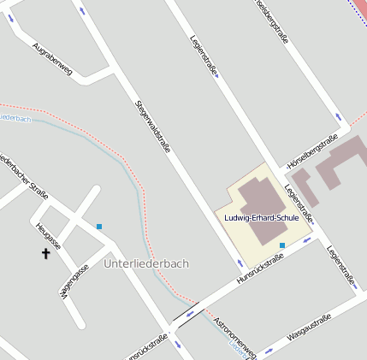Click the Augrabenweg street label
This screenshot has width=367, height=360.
(x=52, y=60)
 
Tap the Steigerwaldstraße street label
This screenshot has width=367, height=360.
(x=153, y=126)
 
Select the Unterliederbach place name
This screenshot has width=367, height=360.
(x=145, y=263)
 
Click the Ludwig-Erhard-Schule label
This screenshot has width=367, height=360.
(x=261, y=218)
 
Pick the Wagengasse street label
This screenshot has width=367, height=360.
(x=73, y=281)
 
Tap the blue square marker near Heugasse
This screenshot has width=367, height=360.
(x=99, y=226)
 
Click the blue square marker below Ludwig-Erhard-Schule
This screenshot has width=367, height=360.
(x=282, y=245)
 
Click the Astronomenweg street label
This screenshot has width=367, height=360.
(x=235, y=333)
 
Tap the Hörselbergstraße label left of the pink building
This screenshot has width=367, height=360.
(x=313, y=150)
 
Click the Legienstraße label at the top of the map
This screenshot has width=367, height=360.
(x=203, y=56)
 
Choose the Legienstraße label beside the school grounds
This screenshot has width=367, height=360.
(x=299, y=204)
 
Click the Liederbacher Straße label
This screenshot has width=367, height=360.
(x=24, y=176)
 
